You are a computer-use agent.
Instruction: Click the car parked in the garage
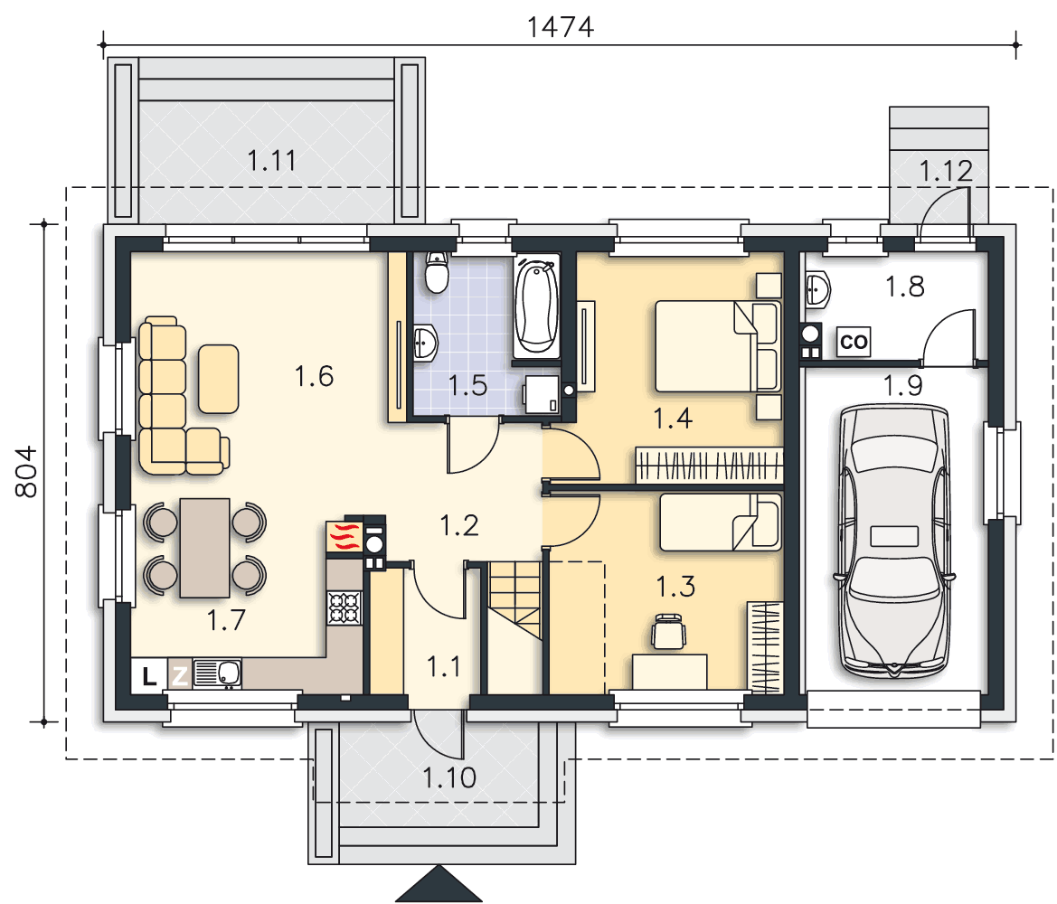pyautogui.click(x=894, y=541)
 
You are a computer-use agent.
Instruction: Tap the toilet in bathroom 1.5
pyautogui.click(x=437, y=272)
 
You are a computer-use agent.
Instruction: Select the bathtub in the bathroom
pyautogui.click(x=536, y=306)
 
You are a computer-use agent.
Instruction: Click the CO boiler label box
pyautogui.click(x=854, y=342)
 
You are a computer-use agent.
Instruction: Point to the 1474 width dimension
pyautogui.click(x=561, y=28)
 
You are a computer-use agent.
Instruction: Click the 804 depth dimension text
pyautogui.click(x=26, y=472)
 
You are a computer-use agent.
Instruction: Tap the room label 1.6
pyautogui.click(x=314, y=376)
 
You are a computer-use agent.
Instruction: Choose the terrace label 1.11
pyautogui.click(x=271, y=161)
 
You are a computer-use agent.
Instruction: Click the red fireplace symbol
pyautogui.click(x=344, y=537)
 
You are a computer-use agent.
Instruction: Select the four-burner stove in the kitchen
pyautogui.click(x=344, y=607)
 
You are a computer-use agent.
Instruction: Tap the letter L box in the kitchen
pyautogui.click(x=149, y=674)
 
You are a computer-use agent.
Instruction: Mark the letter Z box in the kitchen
pyautogui.click(x=179, y=674)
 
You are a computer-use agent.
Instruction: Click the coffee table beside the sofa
pyautogui.click(x=219, y=379)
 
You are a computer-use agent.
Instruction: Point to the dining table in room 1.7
pyautogui.click(x=204, y=548)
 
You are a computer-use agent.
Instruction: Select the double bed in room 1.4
pyautogui.click(x=718, y=346)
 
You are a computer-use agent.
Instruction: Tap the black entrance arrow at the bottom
pyautogui.click(x=439, y=883)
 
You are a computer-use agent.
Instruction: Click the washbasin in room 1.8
pyautogui.click(x=817, y=290)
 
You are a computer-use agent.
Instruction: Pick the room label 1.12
pyautogui.click(x=947, y=171)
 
